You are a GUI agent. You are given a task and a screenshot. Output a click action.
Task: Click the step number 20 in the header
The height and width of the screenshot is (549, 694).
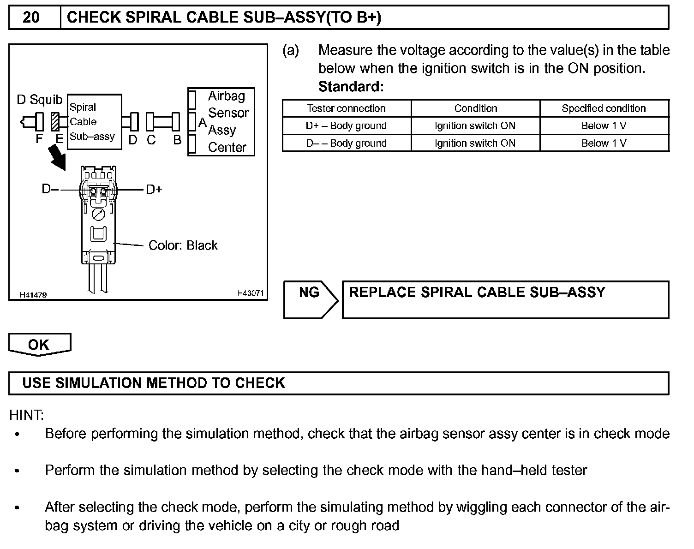click(31, 18)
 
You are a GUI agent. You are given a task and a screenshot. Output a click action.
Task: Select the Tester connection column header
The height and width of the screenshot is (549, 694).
click(346, 108)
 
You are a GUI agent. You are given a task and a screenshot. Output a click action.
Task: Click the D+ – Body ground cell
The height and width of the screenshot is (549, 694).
click(346, 125)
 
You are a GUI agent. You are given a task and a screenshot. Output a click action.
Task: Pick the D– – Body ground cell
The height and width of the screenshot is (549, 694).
click(346, 143)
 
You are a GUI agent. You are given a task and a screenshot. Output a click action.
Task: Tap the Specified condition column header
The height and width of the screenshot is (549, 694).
click(604, 108)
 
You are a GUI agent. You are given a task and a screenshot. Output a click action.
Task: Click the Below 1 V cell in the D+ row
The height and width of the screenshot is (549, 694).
click(604, 125)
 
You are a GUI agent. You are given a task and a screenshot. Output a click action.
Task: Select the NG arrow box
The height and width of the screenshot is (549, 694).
click(310, 299)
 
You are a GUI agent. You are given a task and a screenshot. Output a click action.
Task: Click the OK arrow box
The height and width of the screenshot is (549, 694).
click(39, 345)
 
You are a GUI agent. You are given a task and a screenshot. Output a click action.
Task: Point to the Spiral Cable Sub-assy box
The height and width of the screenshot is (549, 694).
click(95, 122)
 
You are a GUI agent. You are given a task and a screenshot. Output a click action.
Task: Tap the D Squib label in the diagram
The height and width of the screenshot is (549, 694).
click(39, 100)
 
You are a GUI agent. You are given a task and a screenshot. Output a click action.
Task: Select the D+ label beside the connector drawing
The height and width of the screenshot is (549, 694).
click(154, 190)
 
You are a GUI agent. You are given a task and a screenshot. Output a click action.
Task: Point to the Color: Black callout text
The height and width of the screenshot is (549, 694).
click(183, 245)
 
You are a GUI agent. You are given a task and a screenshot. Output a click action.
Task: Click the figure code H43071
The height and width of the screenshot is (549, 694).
click(251, 293)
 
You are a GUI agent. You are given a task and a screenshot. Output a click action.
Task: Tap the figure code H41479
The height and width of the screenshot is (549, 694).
click(33, 295)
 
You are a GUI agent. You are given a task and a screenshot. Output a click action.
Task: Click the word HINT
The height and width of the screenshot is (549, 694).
click(26, 415)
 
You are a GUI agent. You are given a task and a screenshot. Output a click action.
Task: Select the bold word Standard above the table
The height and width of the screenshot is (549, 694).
click(351, 87)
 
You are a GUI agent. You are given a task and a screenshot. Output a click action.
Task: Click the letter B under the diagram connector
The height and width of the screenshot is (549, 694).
click(177, 140)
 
